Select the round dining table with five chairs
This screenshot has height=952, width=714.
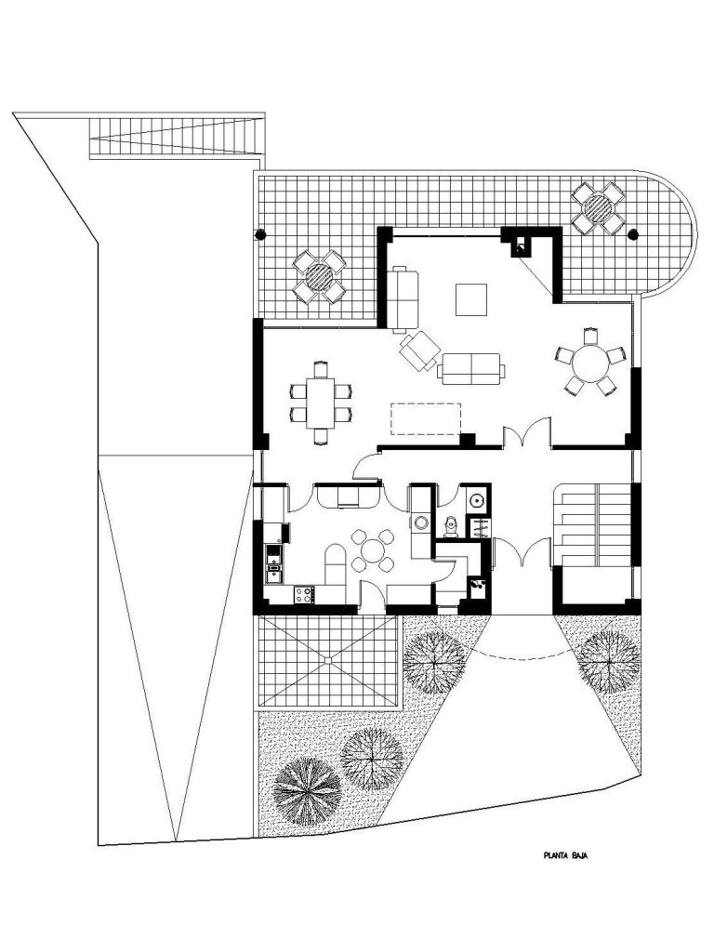(590, 364)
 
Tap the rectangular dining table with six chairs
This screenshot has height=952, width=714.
(321, 403)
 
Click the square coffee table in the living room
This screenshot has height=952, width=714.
(471, 299)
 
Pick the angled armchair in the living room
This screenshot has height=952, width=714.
(419, 350)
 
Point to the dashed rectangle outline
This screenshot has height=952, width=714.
(425, 419)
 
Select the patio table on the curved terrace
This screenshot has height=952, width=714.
(598, 208)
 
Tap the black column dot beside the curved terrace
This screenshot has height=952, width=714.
(633, 233)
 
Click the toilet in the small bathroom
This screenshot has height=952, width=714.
(450, 526)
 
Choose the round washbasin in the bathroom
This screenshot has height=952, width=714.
(477, 501)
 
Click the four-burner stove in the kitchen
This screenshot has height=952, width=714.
(304, 594)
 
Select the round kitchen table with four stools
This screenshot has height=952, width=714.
(372, 550)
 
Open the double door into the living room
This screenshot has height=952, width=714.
(527, 435)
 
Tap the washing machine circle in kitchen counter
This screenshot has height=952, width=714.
(420, 522)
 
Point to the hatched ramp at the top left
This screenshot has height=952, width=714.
(175, 136)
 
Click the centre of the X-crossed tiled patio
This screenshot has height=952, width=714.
(328, 660)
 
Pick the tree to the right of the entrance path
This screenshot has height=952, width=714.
(608, 662)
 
